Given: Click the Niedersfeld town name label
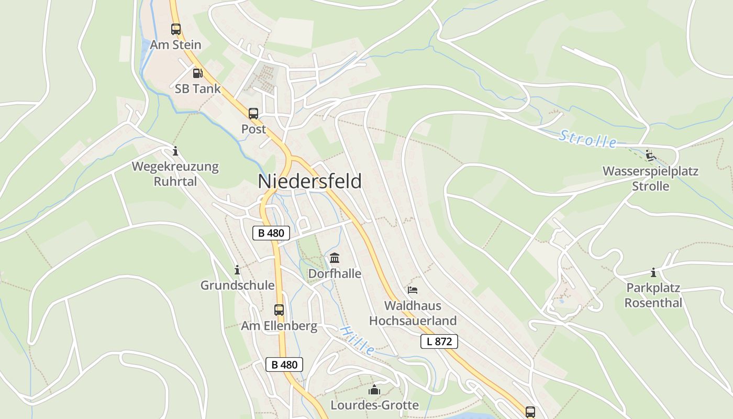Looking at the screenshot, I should (x=309, y=181).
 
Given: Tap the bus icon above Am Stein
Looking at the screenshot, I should (x=176, y=29).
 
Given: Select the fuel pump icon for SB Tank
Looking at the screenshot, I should (x=197, y=73).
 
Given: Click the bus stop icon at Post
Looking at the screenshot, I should (x=253, y=113).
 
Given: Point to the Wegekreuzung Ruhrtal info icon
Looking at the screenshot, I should (x=175, y=151).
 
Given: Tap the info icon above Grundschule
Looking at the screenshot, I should (x=237, y=270).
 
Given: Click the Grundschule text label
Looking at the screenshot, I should (x=237, y=285).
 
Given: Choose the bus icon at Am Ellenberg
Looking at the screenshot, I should (x=279, y=310).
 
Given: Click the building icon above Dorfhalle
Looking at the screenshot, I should (x=335, y=258).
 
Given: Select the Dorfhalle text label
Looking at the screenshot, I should (x=335, y=273).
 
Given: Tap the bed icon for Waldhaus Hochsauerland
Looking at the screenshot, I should (x=413, y=290).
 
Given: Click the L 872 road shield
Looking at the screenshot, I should (x=439, y=341).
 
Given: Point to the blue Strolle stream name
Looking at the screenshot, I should (x=588, y=139).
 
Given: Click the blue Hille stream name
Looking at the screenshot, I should (x=358, y=340).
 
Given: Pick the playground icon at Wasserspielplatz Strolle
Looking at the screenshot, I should (x=650, y=155).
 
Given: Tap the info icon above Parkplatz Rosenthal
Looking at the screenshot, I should (x=653, y=272).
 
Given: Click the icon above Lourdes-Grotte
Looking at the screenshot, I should (x=374, y=390).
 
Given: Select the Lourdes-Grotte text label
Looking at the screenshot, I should (x=374, y=405).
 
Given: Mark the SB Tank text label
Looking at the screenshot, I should (x=198, y=89).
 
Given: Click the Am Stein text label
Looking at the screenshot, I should (x=175, y=45).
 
